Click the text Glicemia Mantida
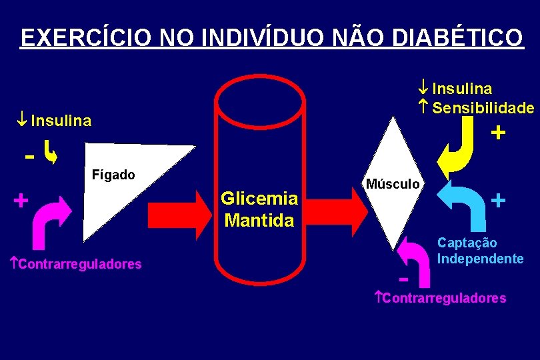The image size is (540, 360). point(259,209)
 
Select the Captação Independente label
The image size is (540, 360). point(480,251)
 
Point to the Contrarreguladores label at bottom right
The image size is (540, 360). point(441,297)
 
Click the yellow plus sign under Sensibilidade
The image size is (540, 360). point(497,133)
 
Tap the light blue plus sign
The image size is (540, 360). point(498,199)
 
